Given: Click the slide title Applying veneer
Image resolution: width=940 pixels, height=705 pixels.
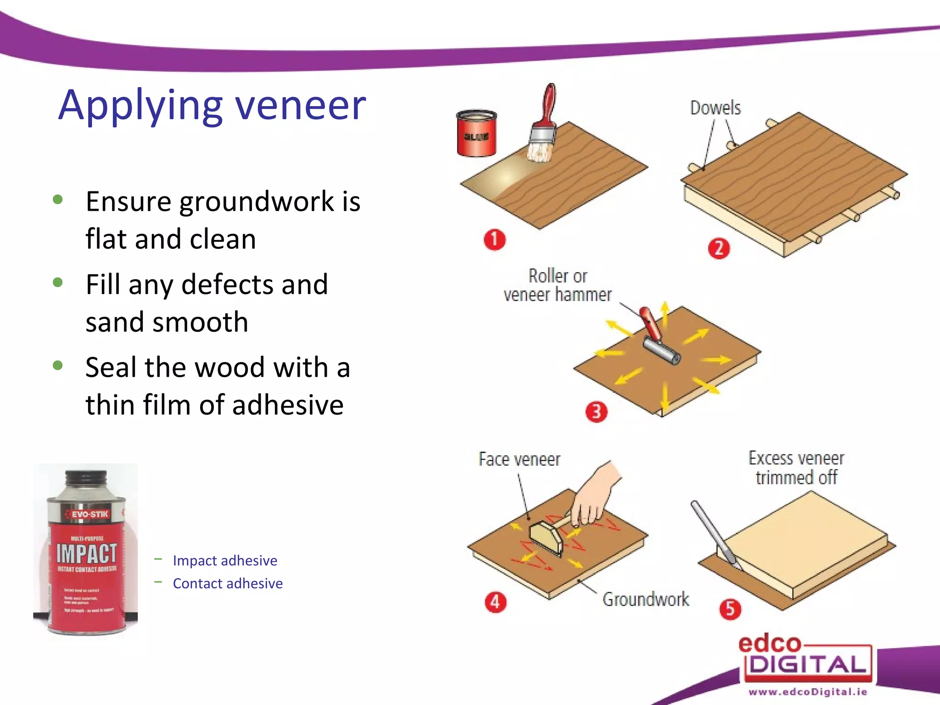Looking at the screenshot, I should (x=212, y=106).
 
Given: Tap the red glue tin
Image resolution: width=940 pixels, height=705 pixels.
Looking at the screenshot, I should (x=476, y=134).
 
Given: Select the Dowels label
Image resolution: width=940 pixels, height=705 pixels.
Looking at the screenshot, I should (x=715, y=108).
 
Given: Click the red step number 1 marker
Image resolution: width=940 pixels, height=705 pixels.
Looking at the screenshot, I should (x=494, y=240).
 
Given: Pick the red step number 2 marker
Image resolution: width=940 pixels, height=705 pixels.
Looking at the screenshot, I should (x=718, y=248).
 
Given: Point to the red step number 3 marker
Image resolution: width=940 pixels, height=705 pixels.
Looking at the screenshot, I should (x=596, y=412).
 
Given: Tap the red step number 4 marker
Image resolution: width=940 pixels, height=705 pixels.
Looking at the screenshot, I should (x=495, y=602).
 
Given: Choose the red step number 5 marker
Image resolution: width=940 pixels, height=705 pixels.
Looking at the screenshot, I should (x=730, y=609).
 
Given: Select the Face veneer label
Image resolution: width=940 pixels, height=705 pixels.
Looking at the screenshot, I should (x=519, y=459).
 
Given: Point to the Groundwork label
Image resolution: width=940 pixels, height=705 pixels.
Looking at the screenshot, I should (x=645, y=599).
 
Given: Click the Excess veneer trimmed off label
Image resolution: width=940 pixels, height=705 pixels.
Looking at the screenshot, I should (x=796, y=468).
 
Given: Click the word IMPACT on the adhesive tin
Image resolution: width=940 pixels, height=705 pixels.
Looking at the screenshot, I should (x=86, y=553).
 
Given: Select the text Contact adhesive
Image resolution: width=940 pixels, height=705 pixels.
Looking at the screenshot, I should (x=228, y=583).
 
